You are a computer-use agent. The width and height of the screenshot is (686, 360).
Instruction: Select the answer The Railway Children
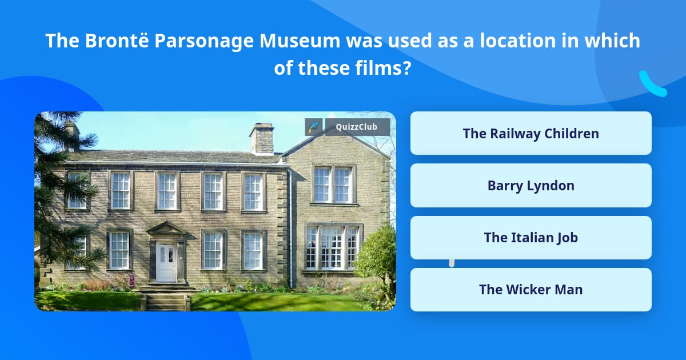531,133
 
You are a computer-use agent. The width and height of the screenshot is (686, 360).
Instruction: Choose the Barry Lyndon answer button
531,185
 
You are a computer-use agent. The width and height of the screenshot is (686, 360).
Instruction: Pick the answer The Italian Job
531,237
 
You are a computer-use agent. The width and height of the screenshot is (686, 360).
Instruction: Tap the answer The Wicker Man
531,289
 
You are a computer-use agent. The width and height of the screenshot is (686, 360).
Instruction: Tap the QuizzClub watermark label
357,127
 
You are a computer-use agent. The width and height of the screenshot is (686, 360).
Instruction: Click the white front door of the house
166,262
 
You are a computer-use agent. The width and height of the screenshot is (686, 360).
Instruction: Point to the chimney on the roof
262,138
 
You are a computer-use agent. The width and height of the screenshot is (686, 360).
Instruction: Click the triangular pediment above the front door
166,229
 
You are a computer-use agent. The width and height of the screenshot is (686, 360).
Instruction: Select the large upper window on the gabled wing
333,185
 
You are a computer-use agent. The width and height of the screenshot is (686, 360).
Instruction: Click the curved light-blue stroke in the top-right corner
652,85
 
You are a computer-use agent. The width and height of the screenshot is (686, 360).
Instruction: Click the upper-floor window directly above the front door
167,191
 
